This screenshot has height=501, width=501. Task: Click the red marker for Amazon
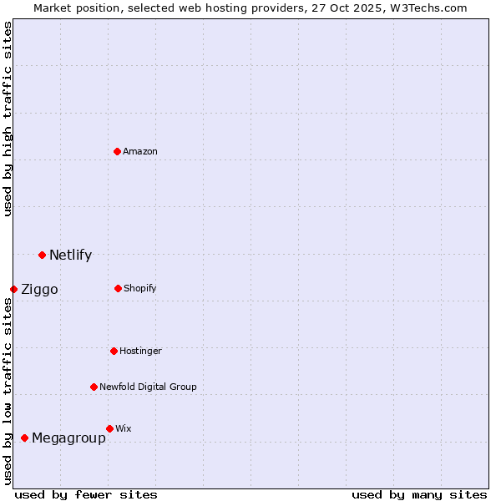tap(118, 151)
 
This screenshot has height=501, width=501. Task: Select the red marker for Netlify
tap(42, 255)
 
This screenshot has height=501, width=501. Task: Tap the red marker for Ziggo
tap(13, 289)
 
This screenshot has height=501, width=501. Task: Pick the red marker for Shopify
tap(118, 288)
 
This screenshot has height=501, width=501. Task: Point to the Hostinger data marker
tap(114, 351)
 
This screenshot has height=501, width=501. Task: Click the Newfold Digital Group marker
tap(94, 387)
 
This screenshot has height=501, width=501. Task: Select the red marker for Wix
tap(109, 428)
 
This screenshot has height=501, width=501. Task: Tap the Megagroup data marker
tap(24, 438)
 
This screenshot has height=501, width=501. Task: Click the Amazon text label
tap(140, 151)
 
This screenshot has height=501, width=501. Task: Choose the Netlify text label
tap(70, 255)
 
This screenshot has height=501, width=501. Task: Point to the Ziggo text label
tap(39, 289)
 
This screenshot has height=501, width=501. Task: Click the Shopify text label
tap(140, 288)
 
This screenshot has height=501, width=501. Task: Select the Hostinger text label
tap(140, 351)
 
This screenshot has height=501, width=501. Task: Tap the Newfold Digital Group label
tap(148, 387)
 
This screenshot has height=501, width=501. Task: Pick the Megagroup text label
tap(68, 438)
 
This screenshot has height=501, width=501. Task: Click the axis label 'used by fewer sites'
tap(86, 494)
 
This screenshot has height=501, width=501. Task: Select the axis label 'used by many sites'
tap(419, 494)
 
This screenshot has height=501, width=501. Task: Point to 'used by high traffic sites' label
tap(8, 119)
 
